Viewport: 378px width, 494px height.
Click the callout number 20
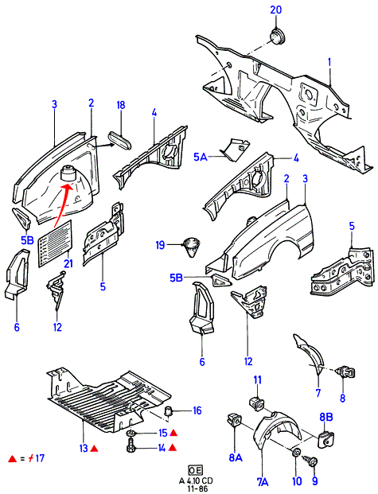coord(276,10)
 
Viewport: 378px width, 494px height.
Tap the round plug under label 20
coord(278,37)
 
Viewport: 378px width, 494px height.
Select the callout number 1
coord(329,62)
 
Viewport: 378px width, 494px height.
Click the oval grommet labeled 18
coord(119,141)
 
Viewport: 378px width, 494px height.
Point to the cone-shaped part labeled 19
coord(191,247)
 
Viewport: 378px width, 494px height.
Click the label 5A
coord(201,157)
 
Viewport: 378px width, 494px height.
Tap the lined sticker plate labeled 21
coord(56,243)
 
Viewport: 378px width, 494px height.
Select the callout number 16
coord(197,410)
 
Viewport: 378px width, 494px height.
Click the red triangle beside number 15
coord(173,433)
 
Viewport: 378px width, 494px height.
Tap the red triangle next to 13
coord(94,448)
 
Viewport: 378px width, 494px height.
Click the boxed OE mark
coord(195,471)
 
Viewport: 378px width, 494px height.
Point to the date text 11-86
coord(196,488)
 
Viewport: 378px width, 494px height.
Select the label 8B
coord(326,417)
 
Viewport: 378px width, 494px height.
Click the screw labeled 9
coord(308,461)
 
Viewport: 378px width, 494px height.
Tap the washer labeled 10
coord(296,453)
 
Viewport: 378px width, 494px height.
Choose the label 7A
coord(263,482)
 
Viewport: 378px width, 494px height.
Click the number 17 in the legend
coord(40,457)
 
